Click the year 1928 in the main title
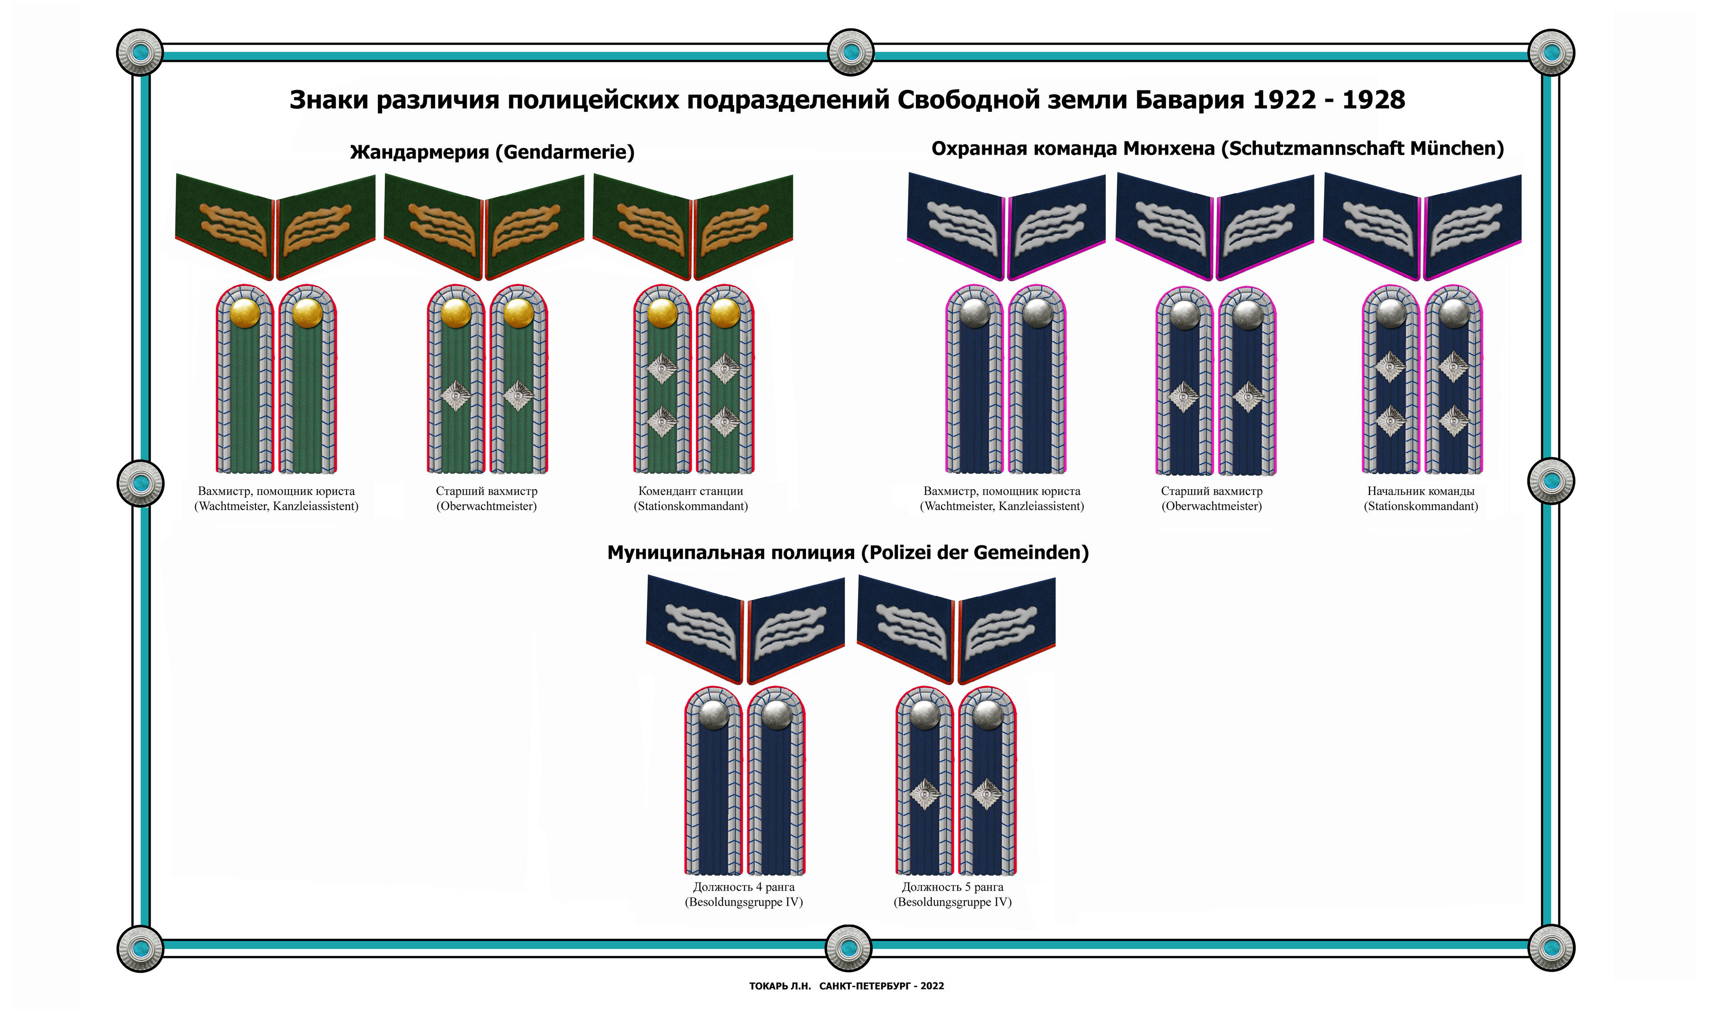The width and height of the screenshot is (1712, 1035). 1374,100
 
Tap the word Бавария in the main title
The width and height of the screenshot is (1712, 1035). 1189,100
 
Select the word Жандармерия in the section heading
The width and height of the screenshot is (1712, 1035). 419,152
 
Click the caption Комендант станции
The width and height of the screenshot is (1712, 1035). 691,491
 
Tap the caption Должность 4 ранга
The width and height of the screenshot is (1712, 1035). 744,887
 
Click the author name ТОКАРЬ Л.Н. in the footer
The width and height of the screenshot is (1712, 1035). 780,986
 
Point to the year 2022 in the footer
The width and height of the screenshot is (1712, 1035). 932,986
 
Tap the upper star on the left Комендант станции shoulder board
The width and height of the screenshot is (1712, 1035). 662,368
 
